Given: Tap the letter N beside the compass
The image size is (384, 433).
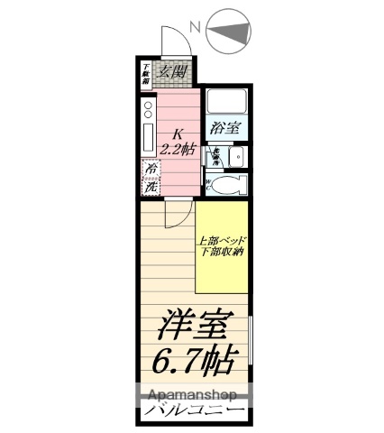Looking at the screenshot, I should tap(193, 27).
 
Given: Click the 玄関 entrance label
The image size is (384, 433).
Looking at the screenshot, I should tap(172, 72).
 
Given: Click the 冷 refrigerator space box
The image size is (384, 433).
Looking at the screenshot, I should tap(151, 169).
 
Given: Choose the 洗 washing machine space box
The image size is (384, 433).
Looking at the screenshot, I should tap(151, 187).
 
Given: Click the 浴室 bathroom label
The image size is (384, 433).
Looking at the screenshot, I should tap(224, 128).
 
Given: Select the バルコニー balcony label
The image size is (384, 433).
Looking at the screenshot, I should tap(193, 412).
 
